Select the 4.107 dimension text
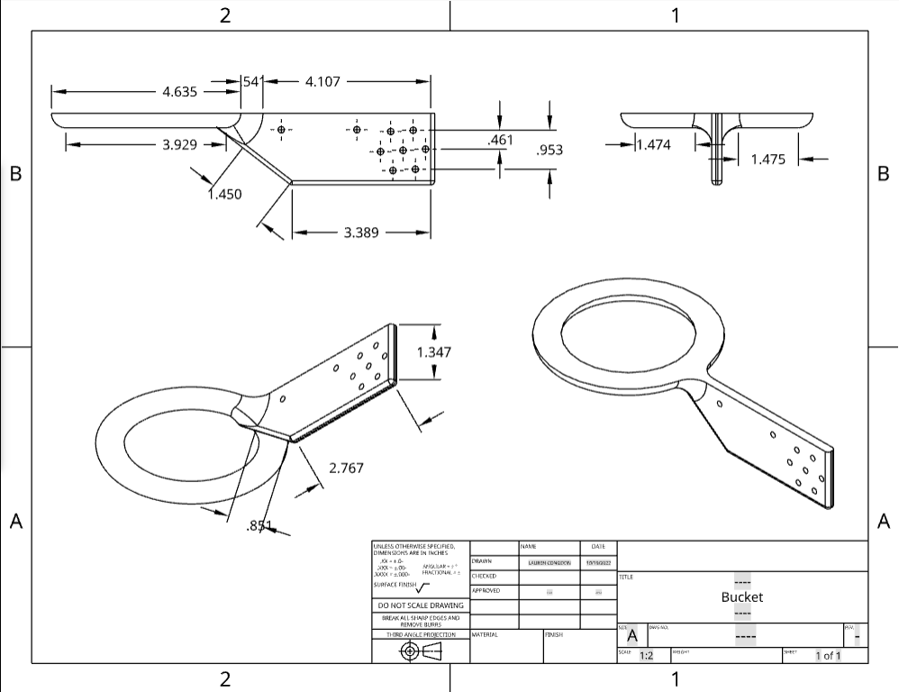322,81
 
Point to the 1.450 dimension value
224,194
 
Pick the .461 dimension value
500,140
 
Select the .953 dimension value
549,150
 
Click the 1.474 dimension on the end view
653,144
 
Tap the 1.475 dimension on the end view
767,159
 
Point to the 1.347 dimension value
434,351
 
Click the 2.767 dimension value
347,468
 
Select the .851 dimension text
259,526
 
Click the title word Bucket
742,596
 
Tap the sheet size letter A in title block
631,635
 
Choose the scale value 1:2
647,655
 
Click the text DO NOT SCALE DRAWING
421,605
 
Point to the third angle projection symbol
421,651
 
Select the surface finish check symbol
423,586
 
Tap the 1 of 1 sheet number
828,655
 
